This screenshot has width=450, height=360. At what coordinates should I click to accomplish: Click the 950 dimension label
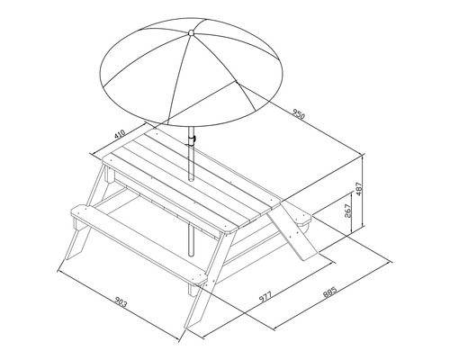(x=299, y=114)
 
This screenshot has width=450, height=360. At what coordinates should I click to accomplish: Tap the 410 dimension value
(x=121, y=134)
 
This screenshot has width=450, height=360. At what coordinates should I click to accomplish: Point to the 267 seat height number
(x=347, y=211)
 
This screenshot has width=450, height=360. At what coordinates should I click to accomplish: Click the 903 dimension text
(x=121, y=302)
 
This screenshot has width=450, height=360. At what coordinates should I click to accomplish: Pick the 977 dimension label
(x=265, y=297)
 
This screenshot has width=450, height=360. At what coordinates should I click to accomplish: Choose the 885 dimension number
(x=330, y=292)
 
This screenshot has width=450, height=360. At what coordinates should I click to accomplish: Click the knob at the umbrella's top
(x=191, y=32)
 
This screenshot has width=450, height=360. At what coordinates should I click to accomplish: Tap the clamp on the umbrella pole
(x=193, y=139)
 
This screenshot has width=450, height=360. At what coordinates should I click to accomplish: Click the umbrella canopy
(x=191, y=72)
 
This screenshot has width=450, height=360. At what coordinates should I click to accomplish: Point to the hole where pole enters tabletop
(x=191, y=179)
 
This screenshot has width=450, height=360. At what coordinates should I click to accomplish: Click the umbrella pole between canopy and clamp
(x=191, y=130)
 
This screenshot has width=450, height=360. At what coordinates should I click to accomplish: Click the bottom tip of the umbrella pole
(x=191, y=255)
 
